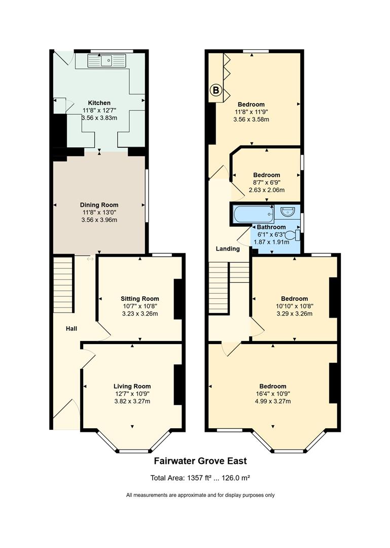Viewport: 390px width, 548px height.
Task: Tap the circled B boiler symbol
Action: (x=216, y=90)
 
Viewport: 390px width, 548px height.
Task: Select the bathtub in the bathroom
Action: (x=254, y=214)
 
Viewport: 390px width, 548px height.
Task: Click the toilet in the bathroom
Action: (x=295, y=235)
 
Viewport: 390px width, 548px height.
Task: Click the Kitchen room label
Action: (x=99, y=102)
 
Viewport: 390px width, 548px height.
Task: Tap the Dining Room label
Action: (x=99, y=205)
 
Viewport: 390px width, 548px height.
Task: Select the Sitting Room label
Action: (x=140, y=298)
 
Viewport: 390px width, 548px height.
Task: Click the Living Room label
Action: (x=132, y=386)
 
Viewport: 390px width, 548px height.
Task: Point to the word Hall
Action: (x=72, y=328)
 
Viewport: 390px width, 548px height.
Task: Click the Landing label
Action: (x=228, y=249)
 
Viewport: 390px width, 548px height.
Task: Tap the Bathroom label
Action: (x=271, y=227)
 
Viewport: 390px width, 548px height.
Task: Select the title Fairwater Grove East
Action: (x=200, y=461)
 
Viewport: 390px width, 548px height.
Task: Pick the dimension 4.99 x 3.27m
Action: (x=273, y=401)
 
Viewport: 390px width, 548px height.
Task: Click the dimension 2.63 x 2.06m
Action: (x=267, y=190)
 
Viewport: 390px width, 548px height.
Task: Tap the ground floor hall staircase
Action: (x=63, y=285)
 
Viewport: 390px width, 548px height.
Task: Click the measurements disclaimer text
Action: (x=200, y=495)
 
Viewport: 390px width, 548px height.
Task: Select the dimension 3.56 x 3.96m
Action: (x=99, y=220)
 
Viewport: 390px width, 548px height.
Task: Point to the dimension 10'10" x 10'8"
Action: (x=295, y=306)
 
